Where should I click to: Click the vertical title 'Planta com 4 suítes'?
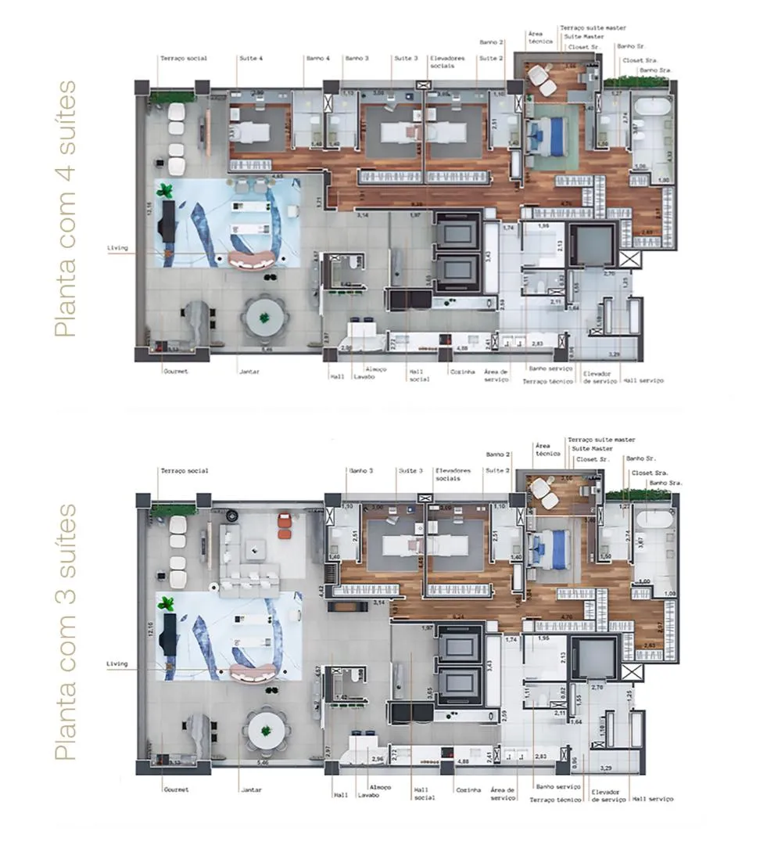[67, 208]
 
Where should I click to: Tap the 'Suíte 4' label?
[249, 59]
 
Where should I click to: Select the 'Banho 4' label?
[317, 59]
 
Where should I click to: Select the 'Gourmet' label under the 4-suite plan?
[176, 371]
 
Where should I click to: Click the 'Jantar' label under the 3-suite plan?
[250, 789]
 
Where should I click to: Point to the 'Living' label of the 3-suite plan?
[116, 664]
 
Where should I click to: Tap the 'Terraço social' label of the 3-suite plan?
[184, 471]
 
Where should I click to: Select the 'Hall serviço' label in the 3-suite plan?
[652, 799]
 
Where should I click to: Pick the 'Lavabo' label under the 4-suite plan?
[364, 376]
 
